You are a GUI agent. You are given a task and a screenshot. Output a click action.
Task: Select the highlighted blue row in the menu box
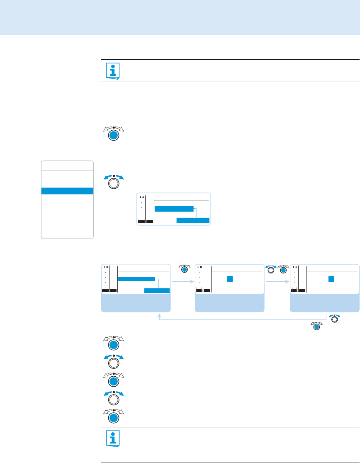(x=67, y=191)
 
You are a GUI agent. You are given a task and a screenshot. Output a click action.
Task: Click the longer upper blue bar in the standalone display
(x=174, y=208)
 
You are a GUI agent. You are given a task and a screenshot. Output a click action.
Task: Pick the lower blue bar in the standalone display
(x=193, y=220)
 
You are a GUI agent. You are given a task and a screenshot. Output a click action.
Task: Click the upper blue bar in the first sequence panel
(x=136, y=279)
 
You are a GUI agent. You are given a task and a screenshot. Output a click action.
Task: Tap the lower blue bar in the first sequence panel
(x=157, y=290)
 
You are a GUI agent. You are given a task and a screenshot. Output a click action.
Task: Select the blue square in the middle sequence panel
(x=230, y=279)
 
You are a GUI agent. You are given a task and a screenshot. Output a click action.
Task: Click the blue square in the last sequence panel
(x=331, y=279)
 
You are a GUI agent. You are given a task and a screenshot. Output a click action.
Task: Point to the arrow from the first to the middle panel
(x=182, y=282)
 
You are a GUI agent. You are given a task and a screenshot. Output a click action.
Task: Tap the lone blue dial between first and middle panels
(x=185, y=270)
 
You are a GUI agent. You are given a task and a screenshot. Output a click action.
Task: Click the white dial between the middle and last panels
(x=271, y=270)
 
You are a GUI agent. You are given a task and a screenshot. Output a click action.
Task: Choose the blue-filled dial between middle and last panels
(x=284, y=270)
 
